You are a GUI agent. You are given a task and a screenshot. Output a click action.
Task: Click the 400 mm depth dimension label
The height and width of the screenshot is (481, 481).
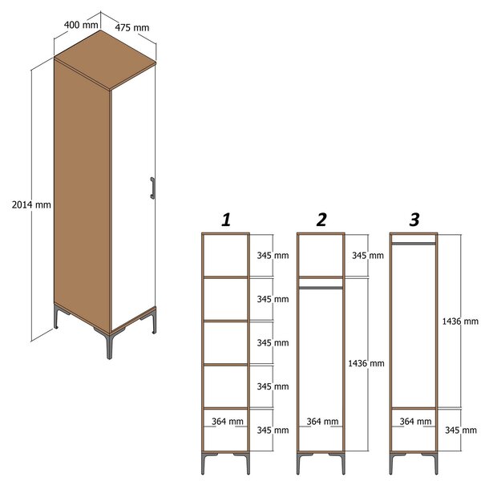[81, 25]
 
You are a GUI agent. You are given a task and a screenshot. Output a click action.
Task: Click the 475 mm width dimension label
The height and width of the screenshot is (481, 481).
[132, 27]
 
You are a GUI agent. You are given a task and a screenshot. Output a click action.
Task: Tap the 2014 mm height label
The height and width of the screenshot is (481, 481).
[31, 204]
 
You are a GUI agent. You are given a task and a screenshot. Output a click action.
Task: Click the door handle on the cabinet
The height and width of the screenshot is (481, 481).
[152, 188]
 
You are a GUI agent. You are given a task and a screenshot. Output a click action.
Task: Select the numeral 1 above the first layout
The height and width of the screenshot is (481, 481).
[226, 220]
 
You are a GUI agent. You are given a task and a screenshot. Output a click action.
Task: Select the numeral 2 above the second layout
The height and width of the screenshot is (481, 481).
[321, 220]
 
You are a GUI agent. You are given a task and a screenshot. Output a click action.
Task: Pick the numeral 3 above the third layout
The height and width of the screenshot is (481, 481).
[414, 220]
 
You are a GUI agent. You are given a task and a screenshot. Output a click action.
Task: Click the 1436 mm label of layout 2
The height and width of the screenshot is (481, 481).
[366, 363]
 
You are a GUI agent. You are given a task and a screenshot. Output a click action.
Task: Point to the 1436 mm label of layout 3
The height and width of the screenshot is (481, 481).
[460, 321]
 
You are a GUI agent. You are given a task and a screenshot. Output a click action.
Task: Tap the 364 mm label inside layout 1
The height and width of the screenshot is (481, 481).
[228, 422]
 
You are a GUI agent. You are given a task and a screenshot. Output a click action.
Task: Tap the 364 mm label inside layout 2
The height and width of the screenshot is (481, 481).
[323, 422]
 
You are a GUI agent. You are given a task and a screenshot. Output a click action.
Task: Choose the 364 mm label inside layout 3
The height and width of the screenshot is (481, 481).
[415, 422]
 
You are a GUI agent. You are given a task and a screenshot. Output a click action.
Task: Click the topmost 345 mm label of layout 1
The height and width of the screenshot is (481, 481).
[273, 255]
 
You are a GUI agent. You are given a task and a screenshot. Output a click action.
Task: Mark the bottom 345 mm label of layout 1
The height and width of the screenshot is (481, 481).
[273, 430]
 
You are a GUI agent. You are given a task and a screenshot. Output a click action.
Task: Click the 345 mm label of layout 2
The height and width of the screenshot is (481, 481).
[368, 255]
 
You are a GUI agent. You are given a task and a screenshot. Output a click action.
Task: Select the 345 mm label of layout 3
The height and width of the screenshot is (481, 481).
[461, 430]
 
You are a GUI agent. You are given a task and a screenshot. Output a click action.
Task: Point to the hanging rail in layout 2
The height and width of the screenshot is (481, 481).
[321, 288]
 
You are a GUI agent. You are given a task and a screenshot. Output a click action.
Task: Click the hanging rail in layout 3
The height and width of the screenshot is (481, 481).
[414, 244]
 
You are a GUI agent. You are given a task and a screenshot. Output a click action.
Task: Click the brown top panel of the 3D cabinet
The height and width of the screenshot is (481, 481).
[105, 60]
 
